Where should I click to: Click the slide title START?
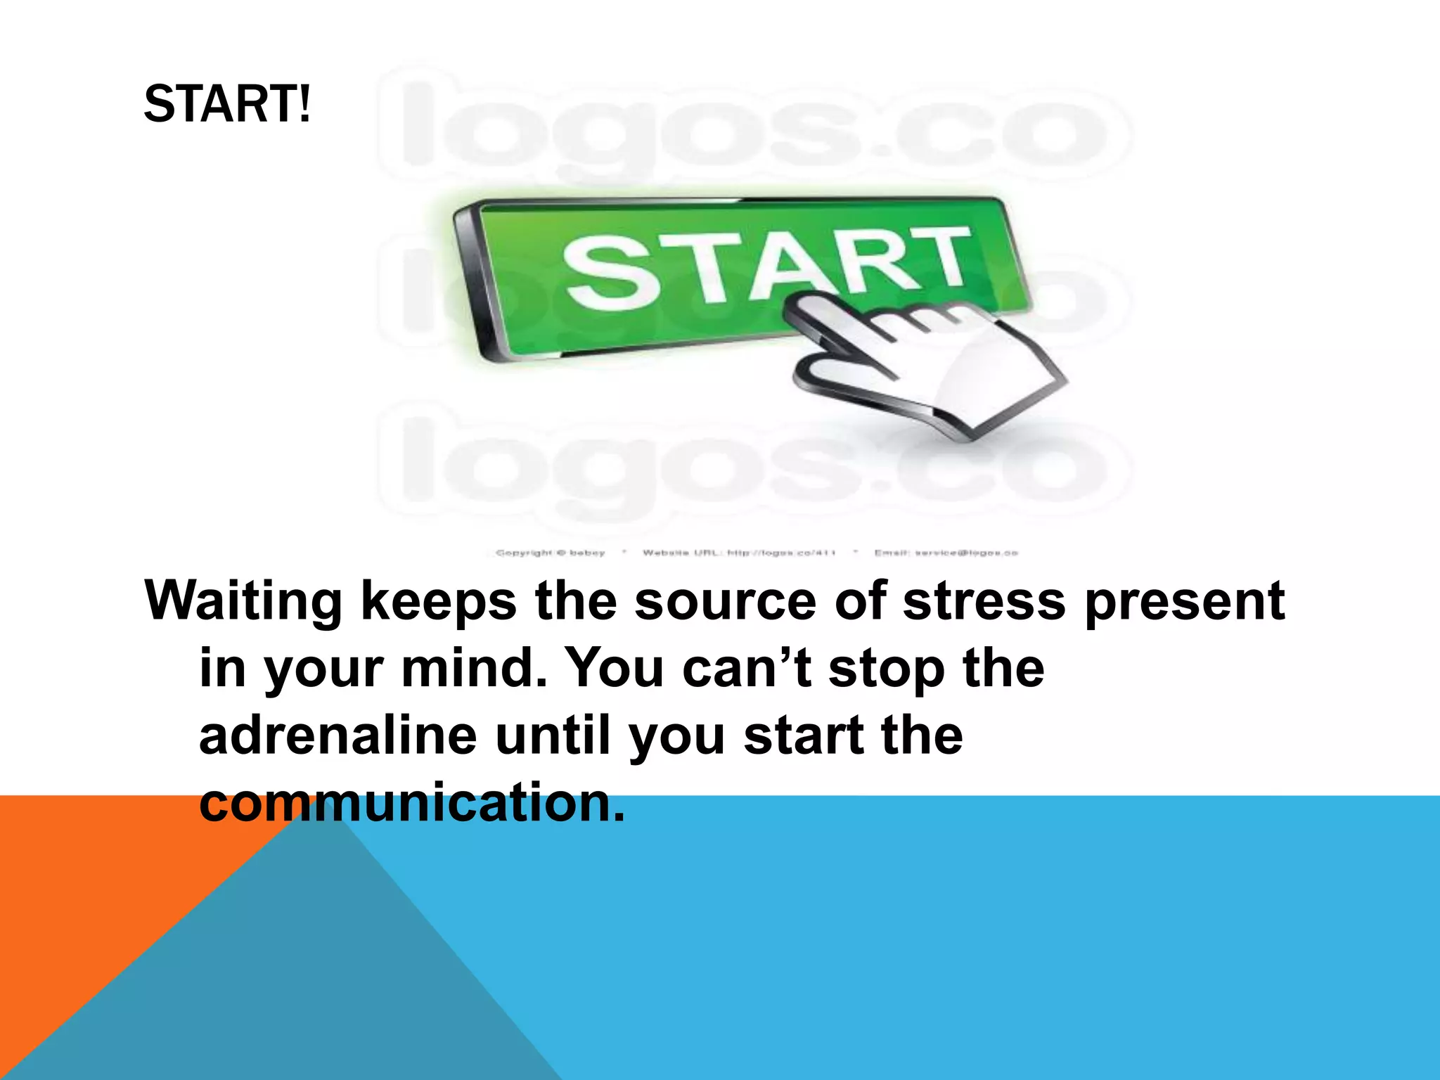pos(226,104)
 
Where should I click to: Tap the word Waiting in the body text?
pos(243,602)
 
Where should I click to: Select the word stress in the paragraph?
pos(984,602)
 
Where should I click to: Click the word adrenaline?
pos(338,735)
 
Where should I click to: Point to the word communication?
pos(411,803)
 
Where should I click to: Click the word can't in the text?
pos(746,668)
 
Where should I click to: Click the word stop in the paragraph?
pos(886,669)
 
